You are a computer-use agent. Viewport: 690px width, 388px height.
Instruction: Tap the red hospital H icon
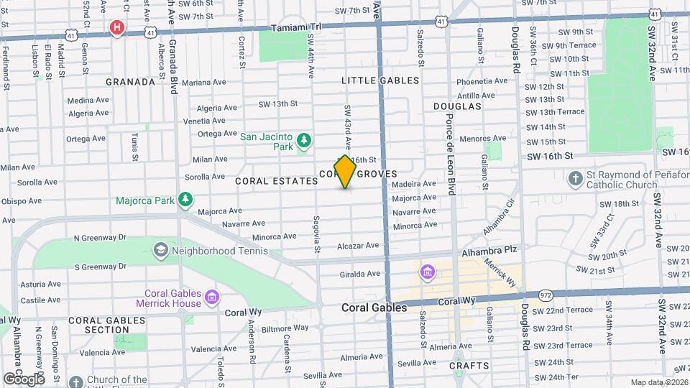(116, 27)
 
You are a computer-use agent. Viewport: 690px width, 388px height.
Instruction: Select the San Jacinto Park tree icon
(304, 140)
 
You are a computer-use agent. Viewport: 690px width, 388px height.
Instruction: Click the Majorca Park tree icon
(186, 199)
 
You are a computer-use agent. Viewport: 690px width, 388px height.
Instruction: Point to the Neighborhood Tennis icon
(160, 250)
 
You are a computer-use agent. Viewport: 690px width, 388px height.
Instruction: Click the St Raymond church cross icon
(575, 178)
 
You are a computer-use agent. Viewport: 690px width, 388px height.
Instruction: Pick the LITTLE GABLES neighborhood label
(380, 80)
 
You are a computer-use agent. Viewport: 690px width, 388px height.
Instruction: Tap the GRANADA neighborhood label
(130, 82)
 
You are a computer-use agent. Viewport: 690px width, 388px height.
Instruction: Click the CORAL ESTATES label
(276, 182)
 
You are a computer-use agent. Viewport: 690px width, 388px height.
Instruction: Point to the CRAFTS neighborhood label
(469, 366)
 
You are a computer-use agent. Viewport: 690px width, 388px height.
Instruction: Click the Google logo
(23, 378)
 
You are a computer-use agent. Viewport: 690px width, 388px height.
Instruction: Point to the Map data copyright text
(658, 382)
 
